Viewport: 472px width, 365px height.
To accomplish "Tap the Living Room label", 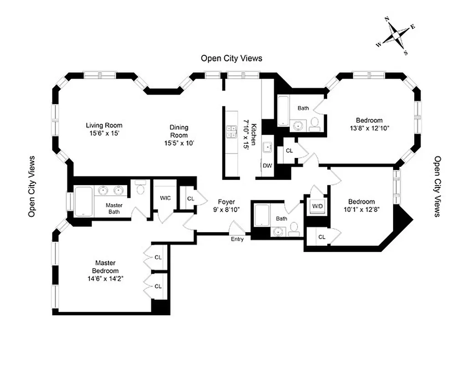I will point(104,125).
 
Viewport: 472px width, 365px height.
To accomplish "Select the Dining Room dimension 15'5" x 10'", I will point(179,143).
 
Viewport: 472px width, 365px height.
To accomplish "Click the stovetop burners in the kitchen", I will point(231,131).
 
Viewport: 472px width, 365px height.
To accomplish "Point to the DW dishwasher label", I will point(267,166).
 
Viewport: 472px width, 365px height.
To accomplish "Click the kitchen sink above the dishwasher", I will point(267,147).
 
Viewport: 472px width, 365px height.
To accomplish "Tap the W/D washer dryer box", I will point(317,207).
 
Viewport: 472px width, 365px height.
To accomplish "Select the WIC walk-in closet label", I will point(165,198).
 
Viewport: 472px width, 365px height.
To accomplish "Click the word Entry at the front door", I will point(237,239).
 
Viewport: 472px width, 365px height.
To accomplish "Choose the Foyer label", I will point(226,202).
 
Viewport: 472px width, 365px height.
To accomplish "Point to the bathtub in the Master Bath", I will point(83,201).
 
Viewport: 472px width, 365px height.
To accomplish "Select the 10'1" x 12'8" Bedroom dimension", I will point(361,210).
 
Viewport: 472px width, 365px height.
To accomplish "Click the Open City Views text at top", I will point(231,58).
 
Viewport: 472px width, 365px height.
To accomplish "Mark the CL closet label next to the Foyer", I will point(190,199).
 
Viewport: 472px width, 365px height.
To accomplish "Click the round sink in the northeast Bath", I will point(298,125).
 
